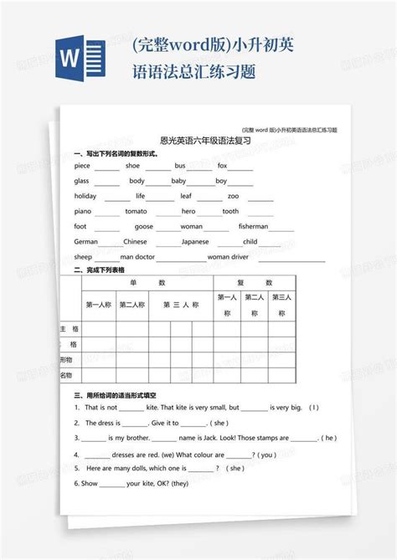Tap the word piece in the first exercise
pos(82,166)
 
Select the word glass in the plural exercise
pos(81,181)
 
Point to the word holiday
pos(85,196)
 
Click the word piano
pos(82,211)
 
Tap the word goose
pos(144,226)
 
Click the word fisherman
pos(253,226)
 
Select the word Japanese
pos(195,241)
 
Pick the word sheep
pos(83,256)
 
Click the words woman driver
pos(228,256)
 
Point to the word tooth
pos(230,211)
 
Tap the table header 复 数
pos(255,283)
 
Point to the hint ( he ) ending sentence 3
pos(330,437)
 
